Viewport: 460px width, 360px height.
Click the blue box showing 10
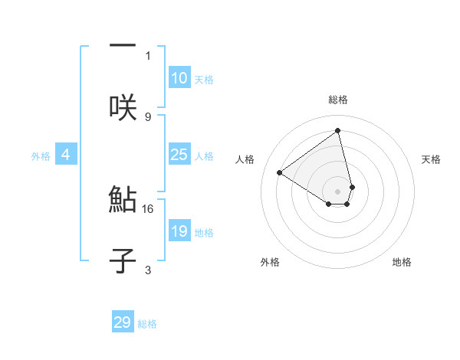tap(179, 78)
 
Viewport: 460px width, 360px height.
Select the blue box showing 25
tap(179, 155)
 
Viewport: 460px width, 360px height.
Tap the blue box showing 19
tap(179, 231)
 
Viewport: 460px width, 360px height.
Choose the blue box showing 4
tap(65, 155)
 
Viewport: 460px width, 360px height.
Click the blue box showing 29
tap(123, 322)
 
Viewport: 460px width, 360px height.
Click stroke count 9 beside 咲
tap(148, 116)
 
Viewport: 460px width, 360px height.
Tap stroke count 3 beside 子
tap(148, 270)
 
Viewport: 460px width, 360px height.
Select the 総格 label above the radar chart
tap(338, 100)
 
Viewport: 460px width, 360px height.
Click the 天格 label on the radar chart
tap(431, 159)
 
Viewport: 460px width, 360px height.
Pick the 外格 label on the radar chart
tap(270, 262)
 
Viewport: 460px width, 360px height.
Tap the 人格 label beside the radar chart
tap(245, 159)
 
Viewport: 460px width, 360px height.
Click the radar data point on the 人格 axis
tap(280, 173)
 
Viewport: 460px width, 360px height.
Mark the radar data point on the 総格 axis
tap(338, 130)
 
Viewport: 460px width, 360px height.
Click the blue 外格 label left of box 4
tap(41, 155)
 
